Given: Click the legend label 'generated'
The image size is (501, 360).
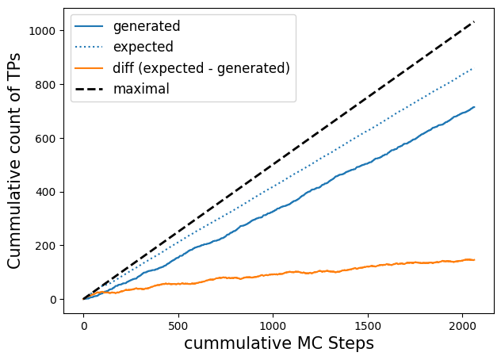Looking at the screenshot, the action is [x=147, y=26].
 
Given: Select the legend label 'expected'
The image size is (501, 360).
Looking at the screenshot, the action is [x=143, y=47].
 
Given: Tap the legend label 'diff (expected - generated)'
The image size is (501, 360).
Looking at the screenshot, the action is [x=201, y=68].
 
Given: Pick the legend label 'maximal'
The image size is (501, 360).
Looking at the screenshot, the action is [x=141, y=89].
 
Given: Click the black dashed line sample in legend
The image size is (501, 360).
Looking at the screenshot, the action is [x=89, y=89].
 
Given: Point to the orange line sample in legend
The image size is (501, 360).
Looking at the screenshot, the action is [x=89, y=68].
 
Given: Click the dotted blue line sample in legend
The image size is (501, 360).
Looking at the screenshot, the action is [x=89, y=47].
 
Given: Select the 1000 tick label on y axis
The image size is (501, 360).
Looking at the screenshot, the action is [x=42, y=31].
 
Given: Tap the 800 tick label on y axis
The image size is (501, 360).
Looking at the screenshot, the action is [x=45, y=85].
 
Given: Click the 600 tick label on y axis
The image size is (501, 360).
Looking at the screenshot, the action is [x=45, y=139].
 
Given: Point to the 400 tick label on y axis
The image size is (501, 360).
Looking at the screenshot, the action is [x=45, y=192].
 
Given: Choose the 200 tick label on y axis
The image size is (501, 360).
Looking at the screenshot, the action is [x=45, y=246].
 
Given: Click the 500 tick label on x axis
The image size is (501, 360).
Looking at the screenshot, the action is [x=178, y=326].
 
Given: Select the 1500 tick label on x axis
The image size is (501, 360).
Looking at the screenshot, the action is [x=368, y=326].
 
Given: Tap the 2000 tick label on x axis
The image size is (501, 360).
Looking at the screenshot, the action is [x=462, y=326].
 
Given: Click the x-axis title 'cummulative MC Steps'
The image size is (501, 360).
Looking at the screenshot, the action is [x=279, y=343].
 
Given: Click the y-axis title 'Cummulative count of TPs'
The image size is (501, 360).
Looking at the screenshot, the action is [x=14, y=161].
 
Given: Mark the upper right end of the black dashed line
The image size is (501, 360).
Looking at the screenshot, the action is [x=475, y=21].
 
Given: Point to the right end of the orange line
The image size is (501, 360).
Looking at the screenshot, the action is [x=475, y=260].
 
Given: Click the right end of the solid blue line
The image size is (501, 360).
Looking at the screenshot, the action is [x=475, y=107].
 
